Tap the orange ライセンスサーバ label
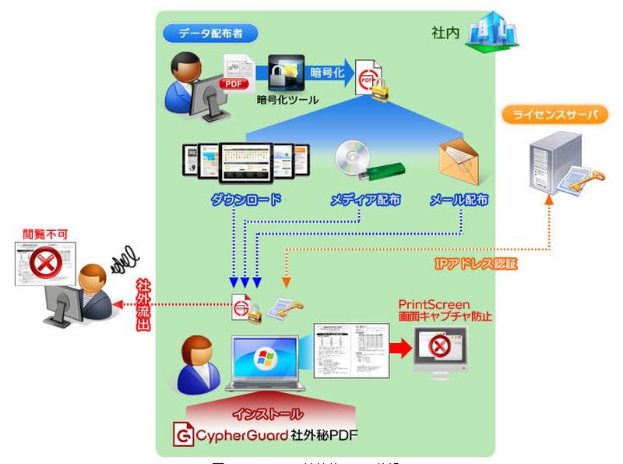click(x=554, y=115)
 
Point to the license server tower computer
click(x=554, y=162)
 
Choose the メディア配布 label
click(x=365, y=200)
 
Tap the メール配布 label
click(x=459, y=200)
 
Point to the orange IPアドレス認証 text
click(x=475, y=264)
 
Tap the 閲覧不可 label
click(x=45, y=232)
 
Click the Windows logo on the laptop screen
click(x=265, y=360)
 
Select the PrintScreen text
click(x=434, y=304)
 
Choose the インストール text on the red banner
click(x=269, y=413)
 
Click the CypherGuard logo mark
click(x=183, y=435)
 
